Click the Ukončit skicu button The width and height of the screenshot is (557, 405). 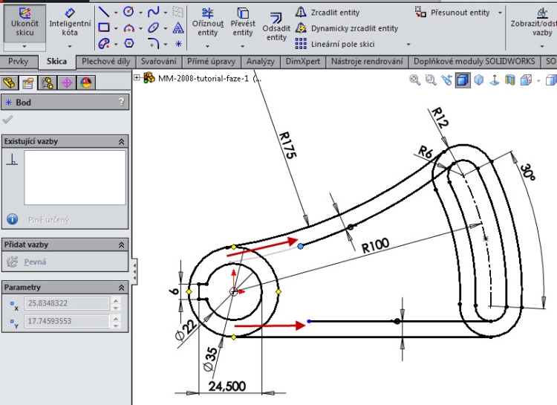click(x=24, y=23)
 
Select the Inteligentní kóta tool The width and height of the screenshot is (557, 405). click(x=70, y=23)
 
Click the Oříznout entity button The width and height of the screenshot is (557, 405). click(x=208, y=23)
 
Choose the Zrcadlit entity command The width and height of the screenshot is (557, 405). click(x=333, y=12)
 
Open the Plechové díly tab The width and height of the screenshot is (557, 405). click(x=105, y=62)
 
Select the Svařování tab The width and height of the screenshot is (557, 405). click(x=159, y=62)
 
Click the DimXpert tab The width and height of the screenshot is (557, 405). click(x=302, y=62)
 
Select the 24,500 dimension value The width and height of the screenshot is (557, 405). click(x=227, y=386)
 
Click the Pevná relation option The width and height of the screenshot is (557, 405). click(x=35, y=262)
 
